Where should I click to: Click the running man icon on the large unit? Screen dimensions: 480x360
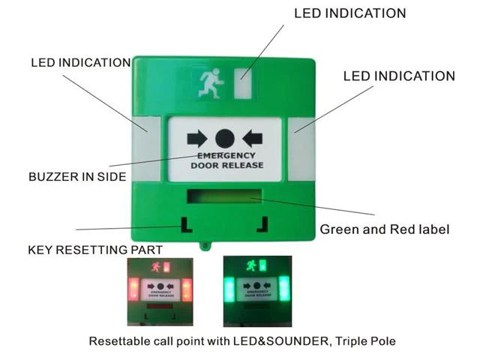click(211, 83)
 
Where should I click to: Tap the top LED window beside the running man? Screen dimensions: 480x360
click(243, 83)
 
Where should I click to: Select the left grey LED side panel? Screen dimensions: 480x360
click(146, 148)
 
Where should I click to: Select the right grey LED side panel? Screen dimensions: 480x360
click(301, 148)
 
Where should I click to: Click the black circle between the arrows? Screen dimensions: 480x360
click(225, 139)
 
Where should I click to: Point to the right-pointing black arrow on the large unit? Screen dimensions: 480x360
click(197, 139)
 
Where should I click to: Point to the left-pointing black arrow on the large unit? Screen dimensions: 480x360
click(253, 139)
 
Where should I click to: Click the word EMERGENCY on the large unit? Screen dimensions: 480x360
click(226, 156)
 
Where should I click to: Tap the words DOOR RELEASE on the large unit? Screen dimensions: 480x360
click(227, 165)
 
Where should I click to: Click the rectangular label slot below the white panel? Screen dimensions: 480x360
click(224, 196)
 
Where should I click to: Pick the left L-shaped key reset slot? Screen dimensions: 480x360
click(187, 225)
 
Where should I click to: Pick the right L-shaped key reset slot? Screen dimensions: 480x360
click(263, 224)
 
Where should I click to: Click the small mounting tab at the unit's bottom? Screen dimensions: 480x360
click(205, 245)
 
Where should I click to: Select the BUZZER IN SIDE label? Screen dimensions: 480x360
click(77, 177)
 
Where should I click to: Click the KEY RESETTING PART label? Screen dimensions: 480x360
click(95, 250)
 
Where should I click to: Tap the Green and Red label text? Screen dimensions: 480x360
click(385, 229)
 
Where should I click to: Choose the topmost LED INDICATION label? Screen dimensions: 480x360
click(350, 13)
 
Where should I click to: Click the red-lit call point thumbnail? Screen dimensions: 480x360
click(160, 292)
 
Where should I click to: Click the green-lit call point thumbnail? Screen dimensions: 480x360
click(257, 292)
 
